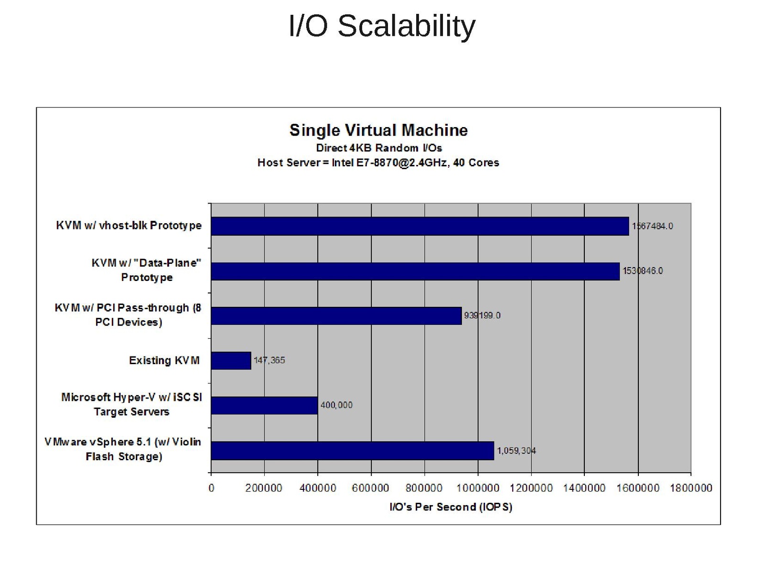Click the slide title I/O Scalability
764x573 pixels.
(x=382, y=26)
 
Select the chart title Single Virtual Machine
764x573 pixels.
(x=378, y=130)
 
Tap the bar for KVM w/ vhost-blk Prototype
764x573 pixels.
(x=420, y=226)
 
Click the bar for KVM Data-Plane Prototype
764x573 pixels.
(x=415, y=271)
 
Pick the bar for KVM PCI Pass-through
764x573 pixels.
(x=336, y=316)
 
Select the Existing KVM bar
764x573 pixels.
(x=231, y=360)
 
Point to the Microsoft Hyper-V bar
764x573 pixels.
(x=264, y=405)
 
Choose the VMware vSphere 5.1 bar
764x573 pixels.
(x=352, y=451)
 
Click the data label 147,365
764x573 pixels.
(x=269, y=360)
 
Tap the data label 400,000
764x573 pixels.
(x=336, y=405)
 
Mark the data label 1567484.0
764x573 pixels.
(x=652, y=226)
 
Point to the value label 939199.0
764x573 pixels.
(x=482, y=315)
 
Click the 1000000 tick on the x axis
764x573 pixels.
(x=478, y=488)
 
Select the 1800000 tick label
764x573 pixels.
(x=691, y=488)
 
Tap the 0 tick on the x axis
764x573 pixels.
(x=211, y=488)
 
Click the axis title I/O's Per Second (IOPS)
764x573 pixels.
(x=451, y=507)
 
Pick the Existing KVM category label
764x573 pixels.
(x=164, y=360)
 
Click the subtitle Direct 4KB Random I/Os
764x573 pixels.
(x=378, y=148)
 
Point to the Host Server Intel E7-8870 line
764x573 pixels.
(x=378, y=163)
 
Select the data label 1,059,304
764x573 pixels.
(x=516, y=451)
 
